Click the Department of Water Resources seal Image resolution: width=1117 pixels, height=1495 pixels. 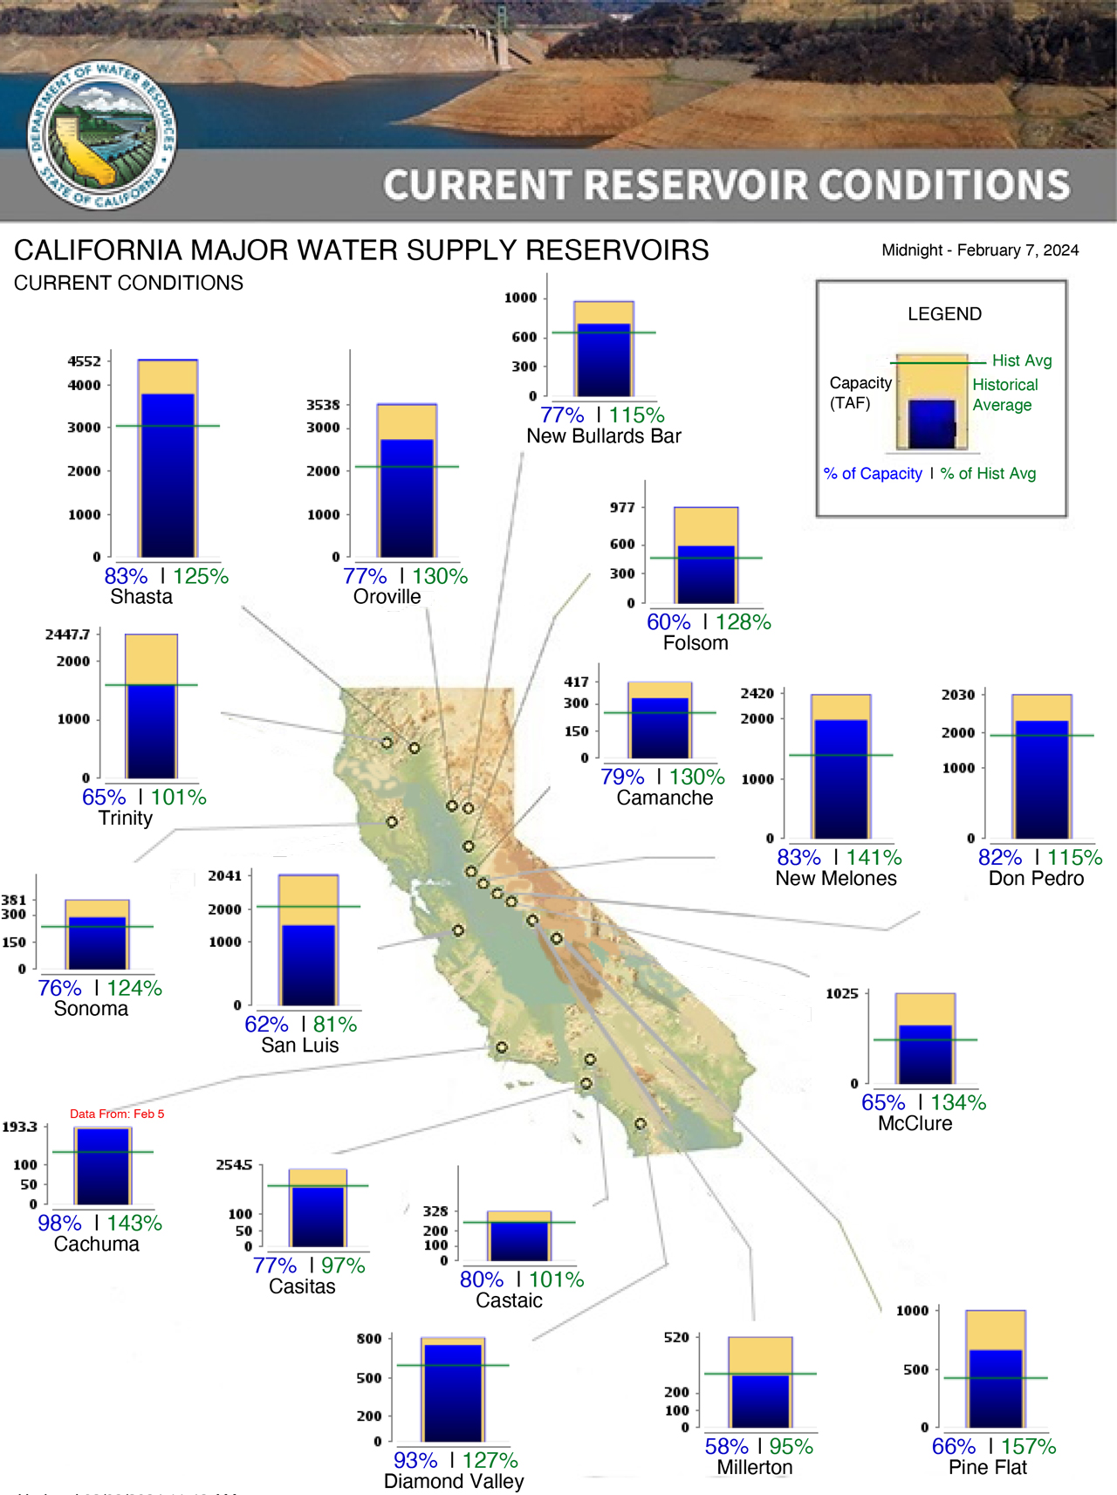pos(103,135)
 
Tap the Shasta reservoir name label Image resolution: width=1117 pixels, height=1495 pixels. pos(141,597)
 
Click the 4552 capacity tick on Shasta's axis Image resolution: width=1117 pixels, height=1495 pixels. pos(85,361)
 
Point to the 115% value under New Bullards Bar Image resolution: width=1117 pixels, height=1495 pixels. pos(637,415)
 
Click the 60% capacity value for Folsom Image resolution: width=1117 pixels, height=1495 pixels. pos(668,622)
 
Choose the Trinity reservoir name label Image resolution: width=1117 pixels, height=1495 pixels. pos(126,819)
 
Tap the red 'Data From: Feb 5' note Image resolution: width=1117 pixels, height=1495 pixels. pos(117,1114)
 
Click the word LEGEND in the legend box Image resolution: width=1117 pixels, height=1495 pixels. pos(944,314)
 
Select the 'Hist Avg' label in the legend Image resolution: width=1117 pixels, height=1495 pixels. pos(1022,360)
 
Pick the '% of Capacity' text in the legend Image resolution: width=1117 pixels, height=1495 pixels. pos(873,474)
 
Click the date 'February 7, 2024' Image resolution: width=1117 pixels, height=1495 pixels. pos(1018,250)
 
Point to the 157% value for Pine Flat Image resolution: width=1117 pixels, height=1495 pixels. pos(1029,1447)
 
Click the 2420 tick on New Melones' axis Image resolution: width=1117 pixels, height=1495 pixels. pos(757,694)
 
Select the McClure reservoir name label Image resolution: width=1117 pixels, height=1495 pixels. pos(915,1124)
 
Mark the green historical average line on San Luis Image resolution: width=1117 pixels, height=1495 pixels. pos(308,907)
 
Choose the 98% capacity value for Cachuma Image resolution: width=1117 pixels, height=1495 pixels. pos(59,1224)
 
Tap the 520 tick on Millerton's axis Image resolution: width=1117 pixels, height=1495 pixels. pos(676,1337)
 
